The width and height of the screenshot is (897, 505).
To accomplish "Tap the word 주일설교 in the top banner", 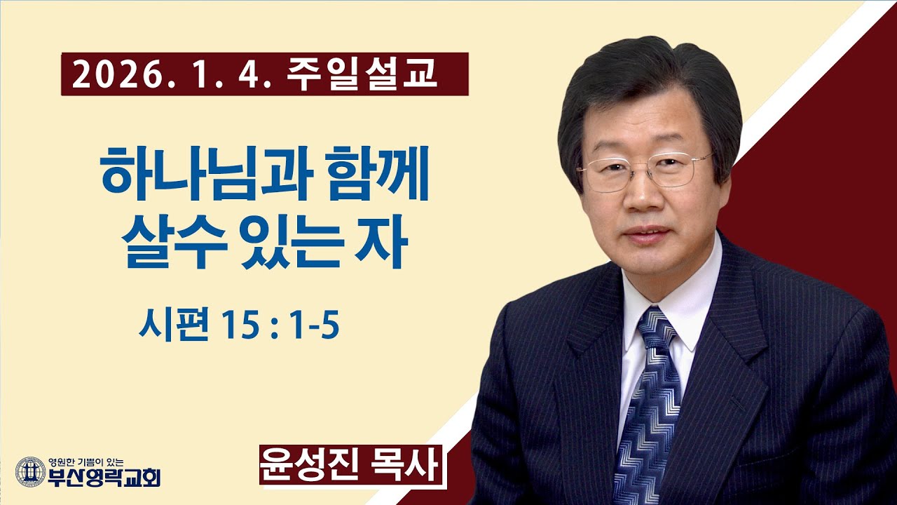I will click(362, 74).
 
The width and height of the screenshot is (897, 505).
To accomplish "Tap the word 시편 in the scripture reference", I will click(169, 326).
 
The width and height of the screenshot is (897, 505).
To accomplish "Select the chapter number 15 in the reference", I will click(242, 326).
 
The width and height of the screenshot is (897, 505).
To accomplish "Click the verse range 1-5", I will click(313, 326).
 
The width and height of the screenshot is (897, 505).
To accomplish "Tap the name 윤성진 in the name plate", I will click(307, 465).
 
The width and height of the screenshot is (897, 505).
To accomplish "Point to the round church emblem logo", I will click(30, 471).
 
